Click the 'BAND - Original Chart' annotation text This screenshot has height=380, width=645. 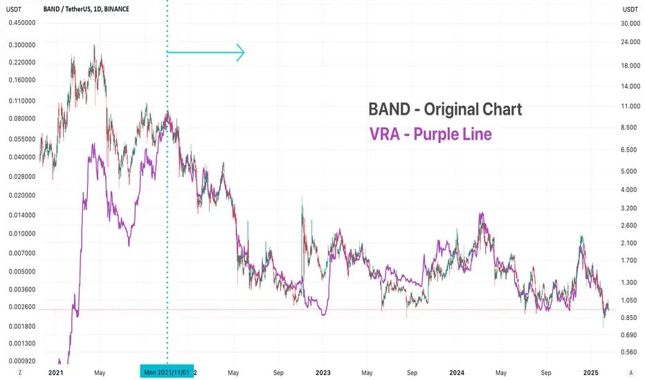(445, 109)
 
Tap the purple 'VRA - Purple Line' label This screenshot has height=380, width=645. (430, 134)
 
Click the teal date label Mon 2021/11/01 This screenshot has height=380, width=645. (167, 372)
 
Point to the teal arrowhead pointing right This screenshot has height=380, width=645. (241, 53)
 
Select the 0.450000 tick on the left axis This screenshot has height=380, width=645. (22, 23)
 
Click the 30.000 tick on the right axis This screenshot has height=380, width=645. (630, 23)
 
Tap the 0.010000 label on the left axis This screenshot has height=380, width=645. (22, 234)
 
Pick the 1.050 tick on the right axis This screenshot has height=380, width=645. (628, 300)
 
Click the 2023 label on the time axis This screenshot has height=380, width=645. (323, 372)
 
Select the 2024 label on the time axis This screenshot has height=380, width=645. (457, 372)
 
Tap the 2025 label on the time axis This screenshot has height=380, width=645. (591, 372)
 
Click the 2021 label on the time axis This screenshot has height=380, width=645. (55, 372)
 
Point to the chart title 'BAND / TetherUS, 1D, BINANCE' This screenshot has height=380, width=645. (86, 9)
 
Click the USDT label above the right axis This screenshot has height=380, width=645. (630, 9)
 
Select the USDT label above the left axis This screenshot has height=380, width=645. (14, 9)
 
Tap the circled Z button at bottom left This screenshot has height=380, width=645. (20, 372)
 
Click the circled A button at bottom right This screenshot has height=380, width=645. (631, 372)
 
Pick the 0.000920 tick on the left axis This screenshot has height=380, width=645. (22, 361)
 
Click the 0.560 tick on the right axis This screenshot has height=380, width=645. (628, 352)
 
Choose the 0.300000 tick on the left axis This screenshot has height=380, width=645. (22, 45)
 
